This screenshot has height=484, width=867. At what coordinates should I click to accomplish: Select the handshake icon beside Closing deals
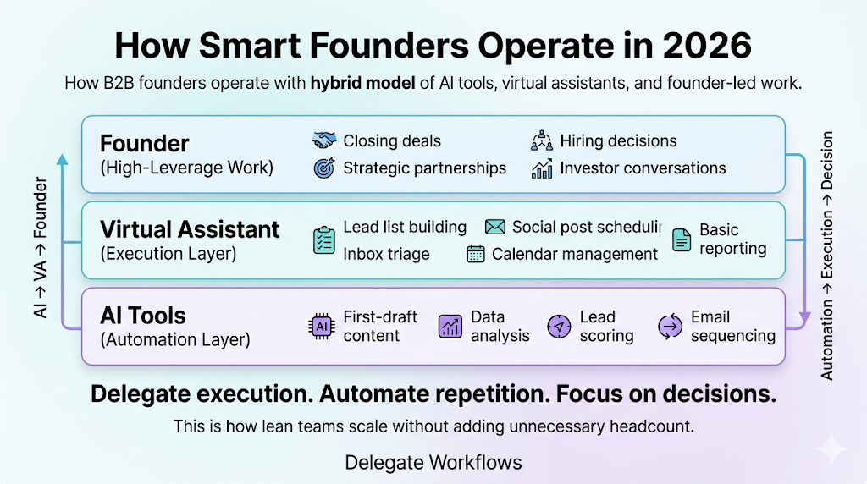coord(324,140)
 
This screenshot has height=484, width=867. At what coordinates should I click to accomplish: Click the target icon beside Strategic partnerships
coord(324,168)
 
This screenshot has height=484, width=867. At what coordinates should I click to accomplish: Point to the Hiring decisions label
coord(618,140)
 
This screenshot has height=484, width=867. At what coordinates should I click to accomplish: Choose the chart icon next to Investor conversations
coord(542,168)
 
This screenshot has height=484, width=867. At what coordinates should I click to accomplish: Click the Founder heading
coord(144,143)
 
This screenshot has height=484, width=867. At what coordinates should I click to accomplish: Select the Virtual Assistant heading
coord(189,229)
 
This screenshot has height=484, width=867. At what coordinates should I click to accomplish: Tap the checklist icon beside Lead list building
coord(323,239)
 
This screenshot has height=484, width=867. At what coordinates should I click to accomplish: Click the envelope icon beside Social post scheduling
coord(495,227)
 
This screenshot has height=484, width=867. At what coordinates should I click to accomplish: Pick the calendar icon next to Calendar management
coord(476,254)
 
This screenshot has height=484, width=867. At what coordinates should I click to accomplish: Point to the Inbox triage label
coord(386,254)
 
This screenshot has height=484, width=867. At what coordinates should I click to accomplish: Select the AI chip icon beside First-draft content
coord(322,326)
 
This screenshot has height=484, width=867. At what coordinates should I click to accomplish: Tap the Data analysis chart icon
coord(450,326)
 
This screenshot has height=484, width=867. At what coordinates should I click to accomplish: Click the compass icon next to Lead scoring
coord(559,326)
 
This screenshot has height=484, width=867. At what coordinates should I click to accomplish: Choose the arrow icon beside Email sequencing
coord(670,326)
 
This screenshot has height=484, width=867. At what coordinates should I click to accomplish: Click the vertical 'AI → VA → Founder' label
coord(41,247)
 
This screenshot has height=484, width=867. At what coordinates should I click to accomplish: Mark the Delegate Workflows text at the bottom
coord(433,462)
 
